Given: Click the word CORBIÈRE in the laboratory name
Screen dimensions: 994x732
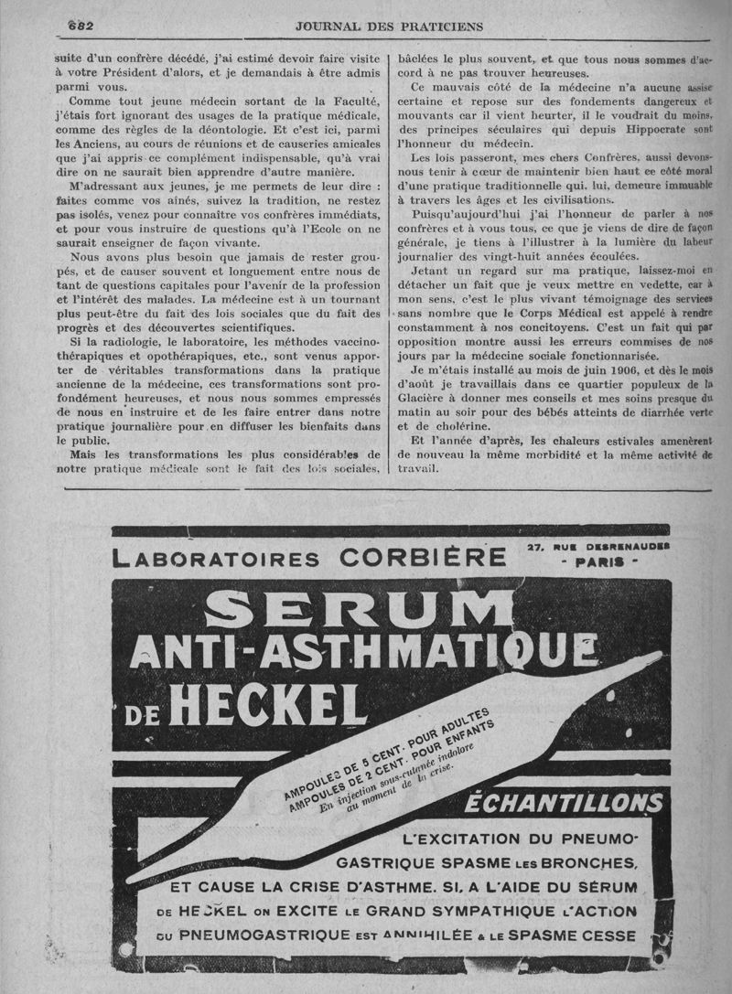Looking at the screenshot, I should (x=422, y=557).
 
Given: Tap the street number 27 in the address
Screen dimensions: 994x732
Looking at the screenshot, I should (x=537, y=546).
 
